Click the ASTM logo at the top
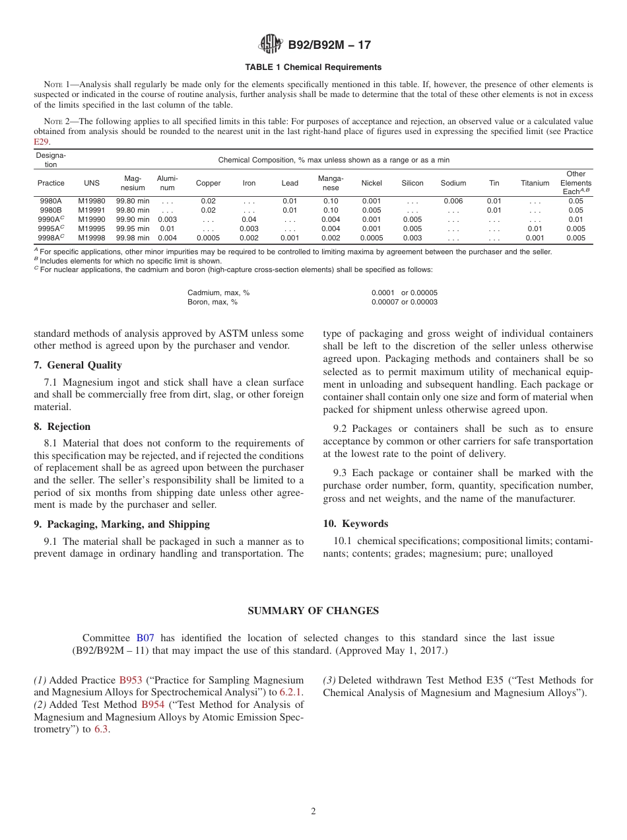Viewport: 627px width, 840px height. (x=271, y=45)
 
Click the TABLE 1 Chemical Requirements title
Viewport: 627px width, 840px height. (x=313, y=67)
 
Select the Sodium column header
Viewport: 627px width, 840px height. (x=453, y=183)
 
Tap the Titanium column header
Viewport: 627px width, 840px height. (x=535, y=183)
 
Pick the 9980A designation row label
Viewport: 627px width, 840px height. (x=51, y=201)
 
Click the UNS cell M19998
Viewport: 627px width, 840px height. (x=91, y=238)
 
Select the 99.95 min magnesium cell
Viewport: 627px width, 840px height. (x=133, y=228)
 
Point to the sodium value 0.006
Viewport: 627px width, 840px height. (x=453, y=201)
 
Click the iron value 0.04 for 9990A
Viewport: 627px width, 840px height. (x=249, y=219)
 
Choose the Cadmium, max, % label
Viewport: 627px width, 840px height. (x=218, y=293)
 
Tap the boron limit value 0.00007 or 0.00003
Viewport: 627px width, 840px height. (x=404, y=302)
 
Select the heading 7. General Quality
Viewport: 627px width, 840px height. (x=78, y=365)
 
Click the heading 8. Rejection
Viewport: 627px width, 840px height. (x=62, y=427)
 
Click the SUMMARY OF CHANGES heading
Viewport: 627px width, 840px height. (x=313, y=611)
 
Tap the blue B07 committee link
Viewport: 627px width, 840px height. (x=145, y=638)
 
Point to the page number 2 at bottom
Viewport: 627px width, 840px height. (x=313, y=812)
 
